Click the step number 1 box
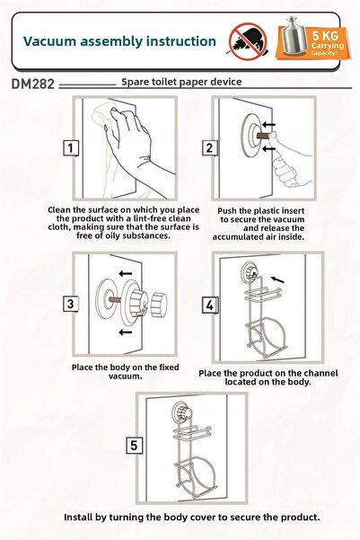click(x=71, y=148)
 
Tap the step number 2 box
click(x=209, y=148)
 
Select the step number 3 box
click(x=71, y=304)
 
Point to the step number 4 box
click(x=209, y=305)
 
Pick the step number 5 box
click(x=134, y=446)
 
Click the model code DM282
click(x=32, y=84)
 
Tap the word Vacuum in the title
click(x=49, y=41)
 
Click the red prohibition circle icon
click(x=248, y=41)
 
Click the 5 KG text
click(x=325, y=35)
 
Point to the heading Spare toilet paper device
click(x=181, y=82)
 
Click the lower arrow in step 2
click(x=268, y=149)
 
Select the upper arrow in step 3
click(x=126, y=274)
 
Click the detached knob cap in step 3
click(x=159, y=305)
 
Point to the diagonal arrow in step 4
click(x=277, y=279)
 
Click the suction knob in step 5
click(x=182, y=411)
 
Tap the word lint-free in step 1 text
click(x=149, y=218)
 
